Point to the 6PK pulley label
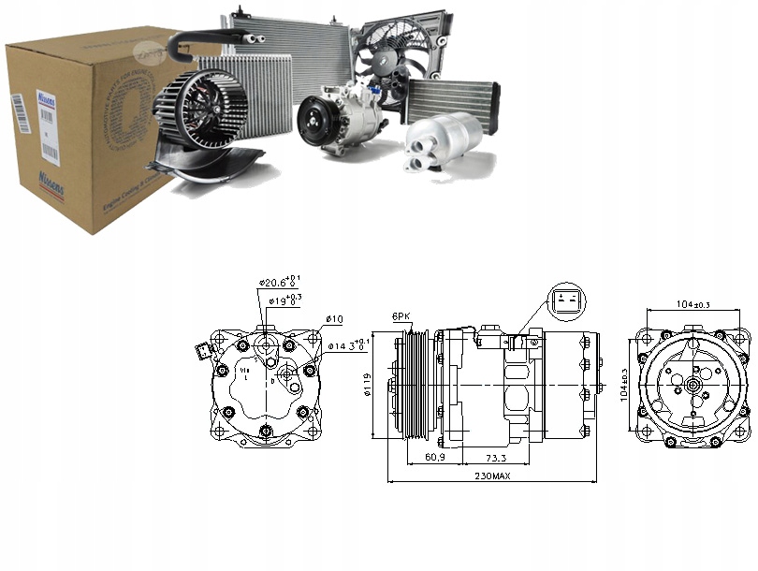pos(401,318)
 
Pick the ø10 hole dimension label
pos(334,319)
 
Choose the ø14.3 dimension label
pos(348,345)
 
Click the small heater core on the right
pos(452,98)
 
